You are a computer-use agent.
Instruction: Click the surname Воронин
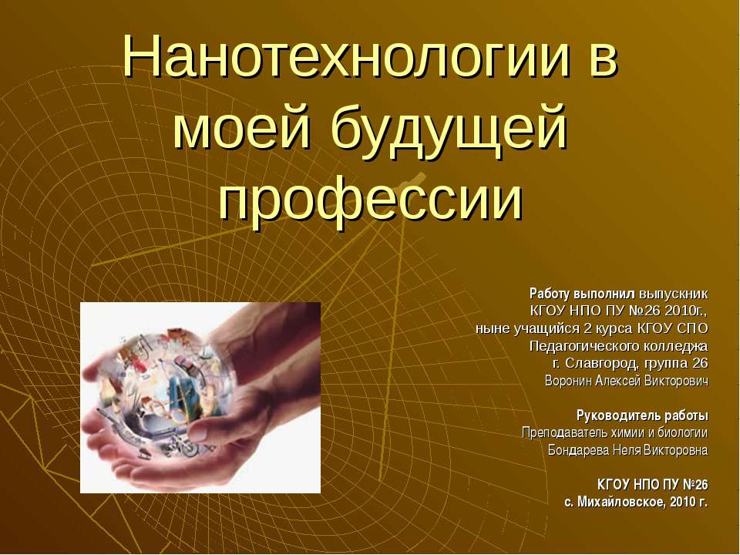pos(570,381)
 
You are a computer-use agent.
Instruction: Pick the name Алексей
pos(623,381)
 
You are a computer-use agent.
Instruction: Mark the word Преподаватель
pos(565,432)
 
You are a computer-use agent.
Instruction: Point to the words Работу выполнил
pos(582,294)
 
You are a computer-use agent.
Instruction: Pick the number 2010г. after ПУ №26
pos(685,311)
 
